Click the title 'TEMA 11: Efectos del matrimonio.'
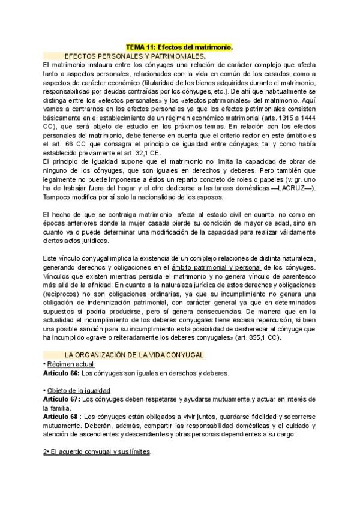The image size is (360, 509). pyautogui.click(x=179, y=46)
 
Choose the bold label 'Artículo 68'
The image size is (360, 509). pyautogui.click(x=61, y=416)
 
